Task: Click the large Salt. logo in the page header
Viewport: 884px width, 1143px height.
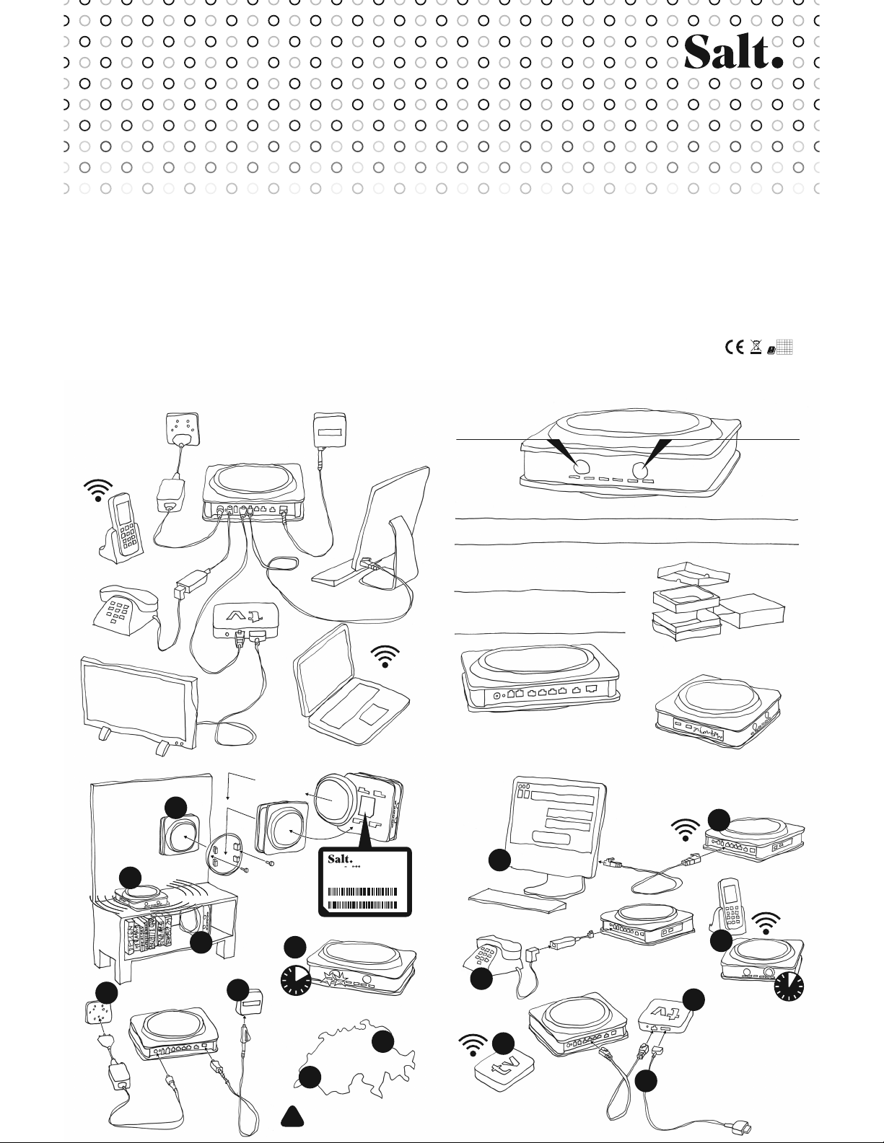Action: tap(732, 52)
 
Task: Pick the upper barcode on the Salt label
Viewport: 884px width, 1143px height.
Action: tap(362, 891)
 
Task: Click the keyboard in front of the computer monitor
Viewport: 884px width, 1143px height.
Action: tap(516, 894)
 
